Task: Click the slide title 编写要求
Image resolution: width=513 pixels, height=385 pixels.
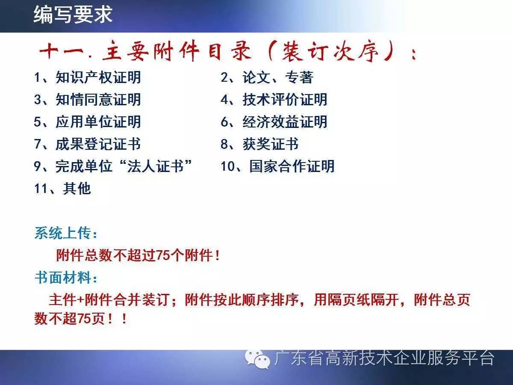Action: pyautogui.click(x=73, y=15)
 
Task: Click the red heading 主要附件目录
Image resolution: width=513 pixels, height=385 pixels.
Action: pyautogui.click(x=177, y=51)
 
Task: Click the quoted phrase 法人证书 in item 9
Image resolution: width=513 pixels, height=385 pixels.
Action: pyautogui.click(x=155, y=166)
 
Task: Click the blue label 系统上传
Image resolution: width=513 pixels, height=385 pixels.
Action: pyautogui.click(x=63, y=233)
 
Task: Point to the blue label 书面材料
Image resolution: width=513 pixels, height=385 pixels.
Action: pyautogui.click(x=63, y=278)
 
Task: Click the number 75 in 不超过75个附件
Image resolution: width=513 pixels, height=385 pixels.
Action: pyautogui.click(x=163, y=255)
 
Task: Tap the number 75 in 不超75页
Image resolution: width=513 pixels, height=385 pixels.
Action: pyautogui.click(x=84, y=319)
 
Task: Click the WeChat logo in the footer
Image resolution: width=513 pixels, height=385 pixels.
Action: pyautogui.click(x=257, y=359)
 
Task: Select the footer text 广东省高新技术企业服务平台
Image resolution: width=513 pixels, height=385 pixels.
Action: pyautogui.click(x=384, y=358)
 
